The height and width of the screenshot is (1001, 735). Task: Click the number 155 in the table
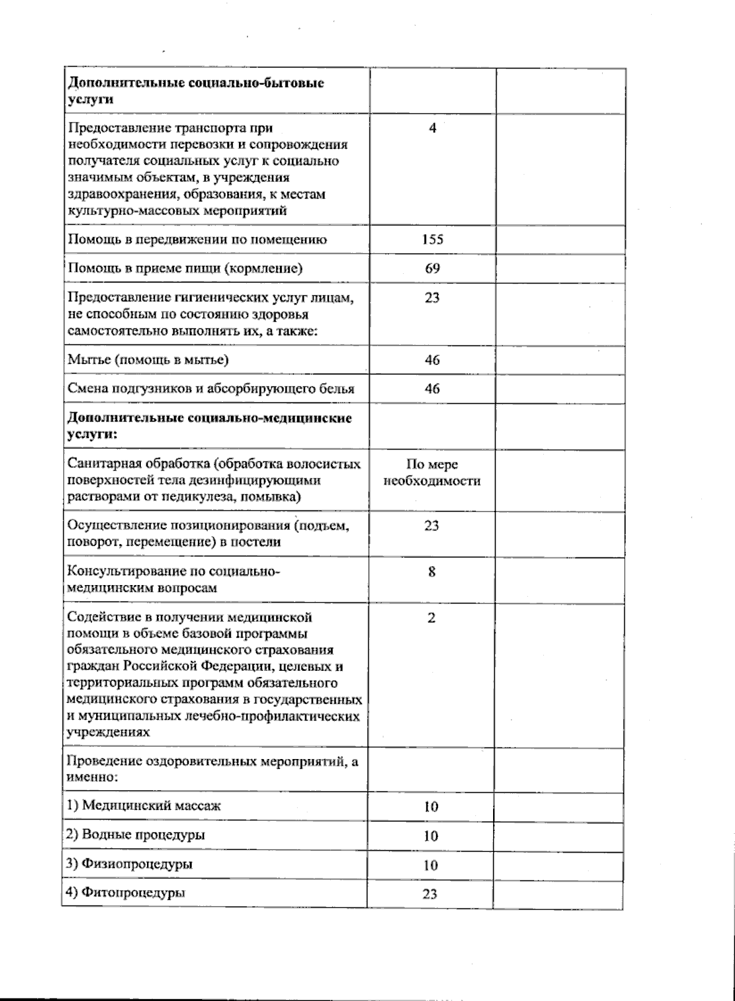pyautogui.click(x=432, y=239)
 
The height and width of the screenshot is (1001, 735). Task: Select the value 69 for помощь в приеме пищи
pyautogui.click(x=432, y=268)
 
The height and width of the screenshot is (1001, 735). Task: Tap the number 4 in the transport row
pyautogui.click(x=432, y=129)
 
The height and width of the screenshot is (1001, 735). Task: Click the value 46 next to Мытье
pyautogui.click(x=432, y=360)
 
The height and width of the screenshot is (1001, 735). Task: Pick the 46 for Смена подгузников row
pyautogui.click(x=432, y=388)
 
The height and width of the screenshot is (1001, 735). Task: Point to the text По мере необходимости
pyautogui.click(x=432, y=473)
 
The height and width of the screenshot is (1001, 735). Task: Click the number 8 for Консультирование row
pyautogui.click(x=432, y=572)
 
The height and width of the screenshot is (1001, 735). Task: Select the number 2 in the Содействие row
pyautogui.click(x=431, y=618)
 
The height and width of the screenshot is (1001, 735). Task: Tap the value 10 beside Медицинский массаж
pyautogui.click(x=431, y=806)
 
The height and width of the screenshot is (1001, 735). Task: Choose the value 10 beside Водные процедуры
pyautogui.click(x=431, y=836)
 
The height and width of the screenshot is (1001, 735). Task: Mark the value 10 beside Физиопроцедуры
pyautogui.click(x=431, y=865)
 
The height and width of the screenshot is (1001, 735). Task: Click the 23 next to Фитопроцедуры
pyautogui.click(x=430, y=894)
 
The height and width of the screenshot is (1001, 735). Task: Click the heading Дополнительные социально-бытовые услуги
pyautogui.click(x=195, y=91)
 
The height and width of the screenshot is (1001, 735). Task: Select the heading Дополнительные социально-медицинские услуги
pyautogui.click(x=208, y=426)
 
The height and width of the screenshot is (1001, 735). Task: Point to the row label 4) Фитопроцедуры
pyautogui.click(x=126, y=892)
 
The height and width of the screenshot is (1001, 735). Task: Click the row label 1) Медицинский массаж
pyautogui.click(x=144, y=805)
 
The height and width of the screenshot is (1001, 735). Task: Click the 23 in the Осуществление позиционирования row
pyautogui.click(x=431, y=526)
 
